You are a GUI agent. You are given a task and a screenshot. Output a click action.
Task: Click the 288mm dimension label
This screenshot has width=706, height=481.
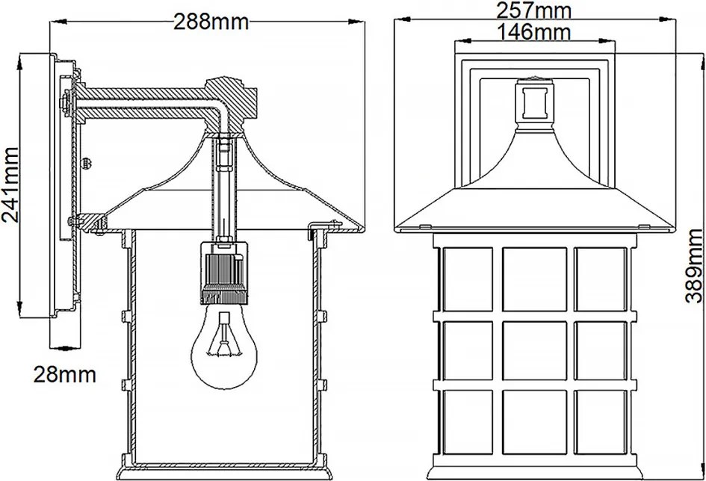211,22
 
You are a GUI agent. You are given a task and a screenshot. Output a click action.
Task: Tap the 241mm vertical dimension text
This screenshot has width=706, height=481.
10,184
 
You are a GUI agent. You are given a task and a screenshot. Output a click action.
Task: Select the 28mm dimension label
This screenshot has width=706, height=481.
65,374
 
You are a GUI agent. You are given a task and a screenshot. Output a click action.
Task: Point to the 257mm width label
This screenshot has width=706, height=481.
533,10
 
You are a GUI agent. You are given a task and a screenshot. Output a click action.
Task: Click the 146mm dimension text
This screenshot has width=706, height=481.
533,31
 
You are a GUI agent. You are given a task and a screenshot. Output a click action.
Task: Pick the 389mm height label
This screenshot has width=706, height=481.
694,265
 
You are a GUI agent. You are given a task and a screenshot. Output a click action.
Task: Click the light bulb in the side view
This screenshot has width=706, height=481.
224,347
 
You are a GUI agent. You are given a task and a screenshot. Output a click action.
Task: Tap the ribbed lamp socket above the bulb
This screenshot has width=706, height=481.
224,272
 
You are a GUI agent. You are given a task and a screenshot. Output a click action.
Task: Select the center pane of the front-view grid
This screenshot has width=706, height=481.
534,350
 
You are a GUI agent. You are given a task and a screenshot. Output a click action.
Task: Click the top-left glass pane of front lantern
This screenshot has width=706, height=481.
468,279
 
